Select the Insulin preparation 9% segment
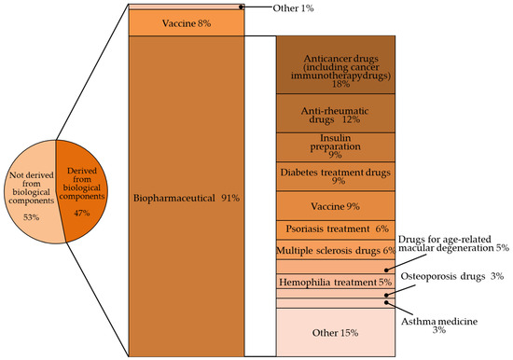[337, 146]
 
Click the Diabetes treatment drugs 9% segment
[337, 176]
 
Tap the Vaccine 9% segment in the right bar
[337, 205]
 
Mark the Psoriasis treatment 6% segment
[337, 229]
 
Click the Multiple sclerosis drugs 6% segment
[337, 251]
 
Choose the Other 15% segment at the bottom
[337, 331]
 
